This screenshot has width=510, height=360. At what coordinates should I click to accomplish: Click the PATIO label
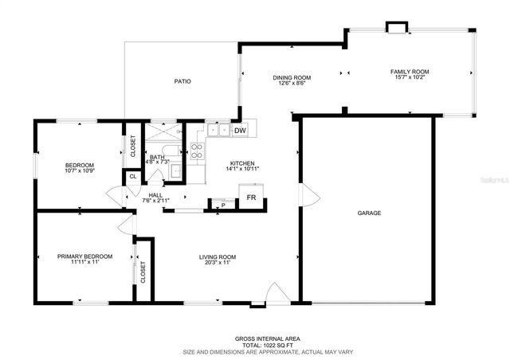coord(182,81)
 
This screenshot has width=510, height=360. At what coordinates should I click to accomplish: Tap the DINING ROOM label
coord(291,77)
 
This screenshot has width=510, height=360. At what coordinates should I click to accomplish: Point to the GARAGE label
coord(370,213)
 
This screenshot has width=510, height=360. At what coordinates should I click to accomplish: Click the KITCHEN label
coord(242,162)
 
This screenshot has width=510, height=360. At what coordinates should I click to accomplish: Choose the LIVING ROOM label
coord(217,256)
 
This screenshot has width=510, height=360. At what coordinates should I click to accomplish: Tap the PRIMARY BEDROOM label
coord(84,256)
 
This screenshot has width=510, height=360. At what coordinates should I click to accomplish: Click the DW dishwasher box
coord(240,131)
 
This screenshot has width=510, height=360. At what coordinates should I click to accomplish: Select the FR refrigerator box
coord(251,197)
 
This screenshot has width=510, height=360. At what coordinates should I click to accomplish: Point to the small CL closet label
coord(132,176)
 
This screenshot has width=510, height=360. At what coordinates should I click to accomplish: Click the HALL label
coord(155,195)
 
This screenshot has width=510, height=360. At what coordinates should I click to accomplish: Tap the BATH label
coord(157,158)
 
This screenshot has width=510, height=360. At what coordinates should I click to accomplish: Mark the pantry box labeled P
coord(223,205)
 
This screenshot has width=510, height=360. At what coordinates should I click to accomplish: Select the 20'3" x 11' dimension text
coord(217,263)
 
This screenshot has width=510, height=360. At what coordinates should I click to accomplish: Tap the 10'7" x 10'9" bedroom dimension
coord(80,170)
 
